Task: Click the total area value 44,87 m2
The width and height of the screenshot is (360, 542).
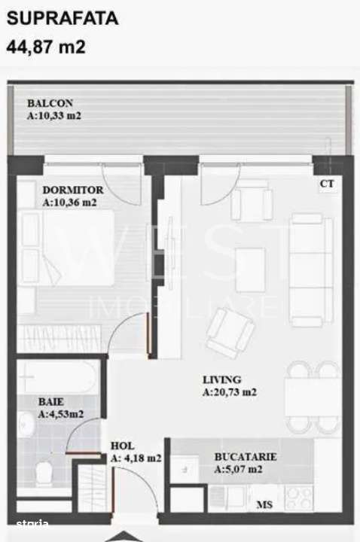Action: (46, 47)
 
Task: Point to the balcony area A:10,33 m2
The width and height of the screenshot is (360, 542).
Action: (54, 117)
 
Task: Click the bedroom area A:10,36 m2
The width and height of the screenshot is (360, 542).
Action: (70, 202)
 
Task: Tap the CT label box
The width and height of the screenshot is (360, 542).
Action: (327, 183)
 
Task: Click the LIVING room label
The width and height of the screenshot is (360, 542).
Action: (221, 379)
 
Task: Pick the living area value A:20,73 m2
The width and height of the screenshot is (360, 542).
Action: (230, 392)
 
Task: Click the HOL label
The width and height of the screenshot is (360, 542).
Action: (122, 445)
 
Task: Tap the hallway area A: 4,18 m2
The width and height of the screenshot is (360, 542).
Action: (136, 458)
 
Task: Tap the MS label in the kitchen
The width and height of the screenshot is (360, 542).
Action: (265, 504)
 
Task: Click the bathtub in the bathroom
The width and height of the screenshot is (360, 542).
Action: (57, 377)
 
